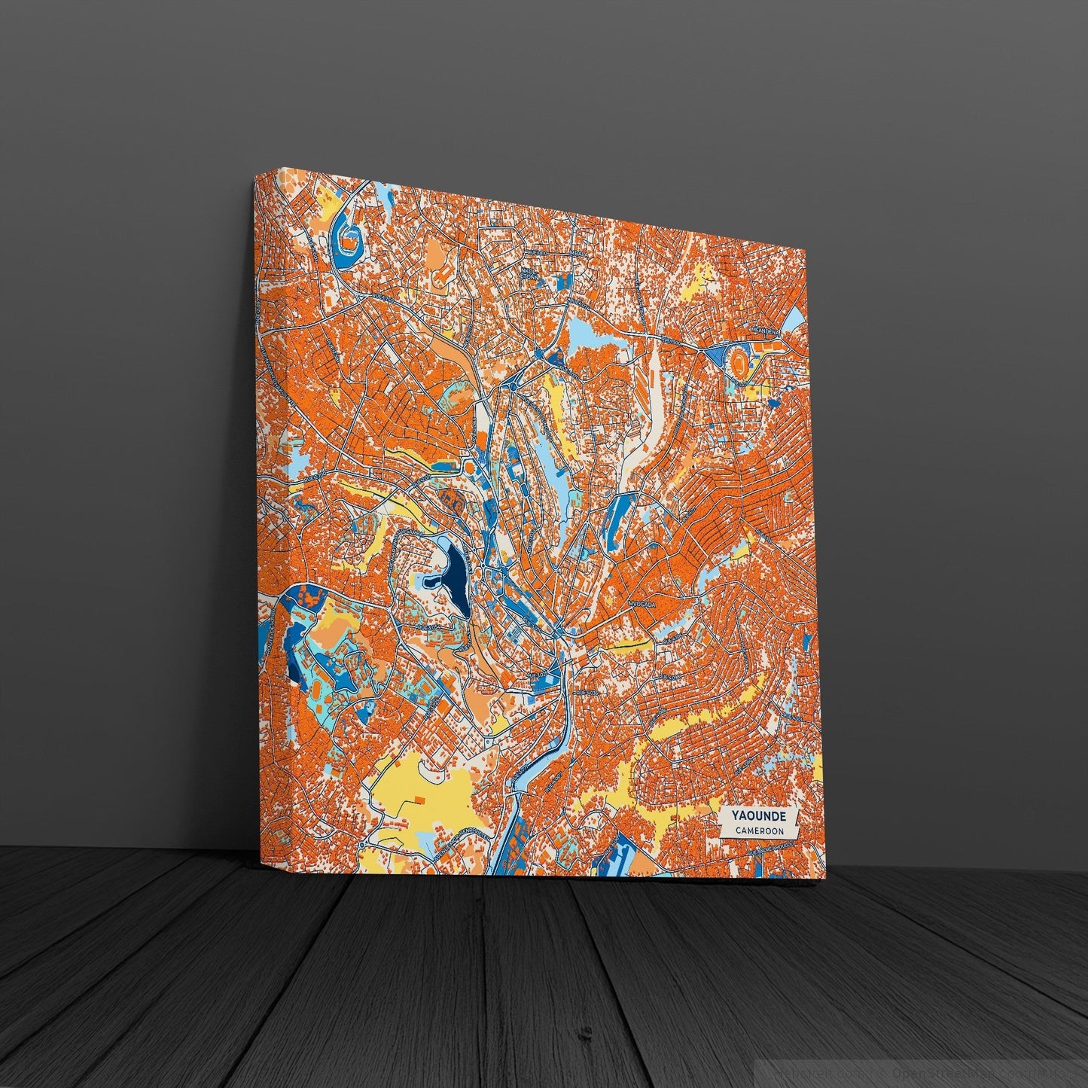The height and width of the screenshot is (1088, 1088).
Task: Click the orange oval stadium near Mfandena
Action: click(739, 365)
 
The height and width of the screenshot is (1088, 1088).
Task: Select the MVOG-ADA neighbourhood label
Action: click(643, 605)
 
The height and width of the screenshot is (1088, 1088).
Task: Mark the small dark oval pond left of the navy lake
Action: click(432, 581)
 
